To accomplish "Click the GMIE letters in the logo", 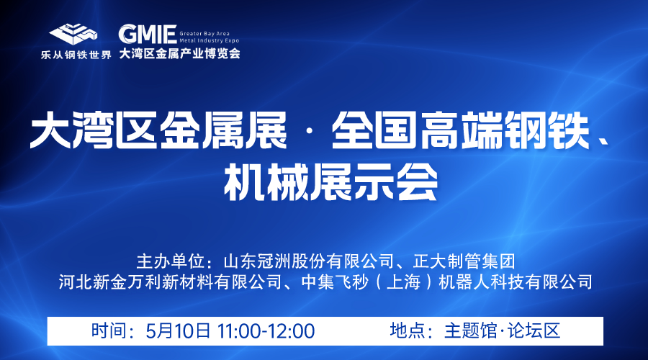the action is pyautogui.click(x=148, y=35).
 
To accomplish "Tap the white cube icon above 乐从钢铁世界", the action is pyautogui.click(x=73, y=35).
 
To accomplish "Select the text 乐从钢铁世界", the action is pyautogui.click(x=76, y=55).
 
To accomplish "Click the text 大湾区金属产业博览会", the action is pyautogui.click(x=180, y=53).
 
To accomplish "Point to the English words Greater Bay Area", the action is pyautogui.click(x=204, y=33).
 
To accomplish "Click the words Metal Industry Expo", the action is pyautogui.click(x=210, y=40).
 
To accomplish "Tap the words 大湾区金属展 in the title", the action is pyautogui.click(x=158, y=131).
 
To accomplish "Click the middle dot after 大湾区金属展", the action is pyautogui.click(x=310, y=132).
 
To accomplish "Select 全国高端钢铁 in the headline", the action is pyautogui.click(x=460, y=131).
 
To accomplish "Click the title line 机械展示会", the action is pyautogui.click(x=330, y=182).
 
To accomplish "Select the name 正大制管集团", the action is pyautogui.click(x=464, y=261).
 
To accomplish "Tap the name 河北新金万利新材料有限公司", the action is pyautogui.click(x=170, y=282).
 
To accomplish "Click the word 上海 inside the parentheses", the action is pyautogui.click(x=404, y=282).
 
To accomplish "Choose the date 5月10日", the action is pyautogui.click(x=178, y=331).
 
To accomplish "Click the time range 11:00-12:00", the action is pyautogui.click(x=266, y=331).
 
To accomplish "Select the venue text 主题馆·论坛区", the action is pyautogui.click(x=502, y=331).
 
